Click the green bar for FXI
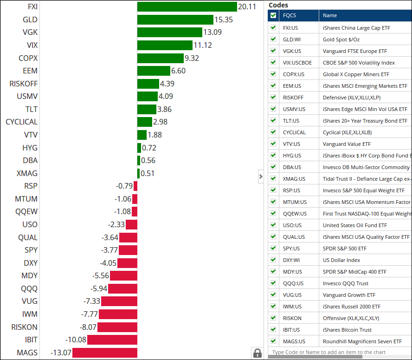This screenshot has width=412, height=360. [x=187, y=7]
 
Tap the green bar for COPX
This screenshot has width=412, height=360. [x=161, y=58]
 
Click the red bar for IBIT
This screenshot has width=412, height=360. [x=112, y=340]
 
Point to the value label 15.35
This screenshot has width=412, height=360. [x=223, y=20]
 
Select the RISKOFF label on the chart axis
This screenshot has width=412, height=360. [x=24, y=84]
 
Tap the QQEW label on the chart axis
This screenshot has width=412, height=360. [x=26, y=212]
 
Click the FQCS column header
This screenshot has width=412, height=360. [x=290, y=15]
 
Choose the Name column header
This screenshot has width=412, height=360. [x=330, y=15]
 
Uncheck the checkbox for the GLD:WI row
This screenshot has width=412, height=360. [x=273, y=39]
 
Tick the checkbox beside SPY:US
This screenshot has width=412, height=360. [x=273, y=249]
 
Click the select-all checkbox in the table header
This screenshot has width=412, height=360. [x=273, y=15]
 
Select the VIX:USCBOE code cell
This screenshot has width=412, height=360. [x=297, y=63]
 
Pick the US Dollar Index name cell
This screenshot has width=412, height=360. [x=341, y=260]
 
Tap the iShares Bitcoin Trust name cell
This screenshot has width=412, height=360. [x=347, y=330]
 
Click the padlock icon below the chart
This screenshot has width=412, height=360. [x=257, y=353]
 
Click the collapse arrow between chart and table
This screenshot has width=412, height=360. [x=261, y=177]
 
